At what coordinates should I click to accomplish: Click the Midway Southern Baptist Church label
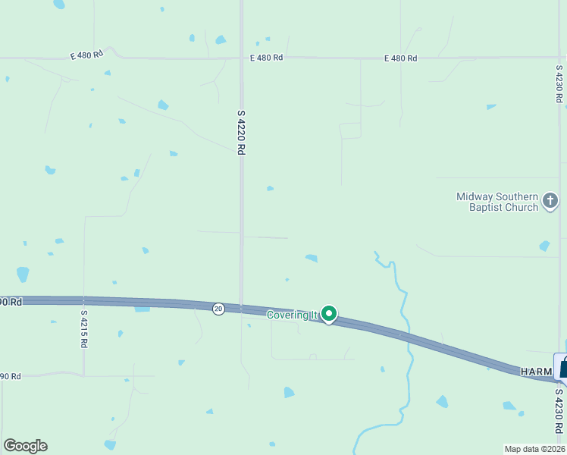[x=497, y=202]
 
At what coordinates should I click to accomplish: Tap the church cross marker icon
[x=550, y=201]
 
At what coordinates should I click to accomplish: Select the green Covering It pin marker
[x=329, y=313]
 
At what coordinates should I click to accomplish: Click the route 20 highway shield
[x=218, y=309]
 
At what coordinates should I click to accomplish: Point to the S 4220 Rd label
[x=241, y=133]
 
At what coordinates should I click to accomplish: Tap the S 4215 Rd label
[x=83, y=328]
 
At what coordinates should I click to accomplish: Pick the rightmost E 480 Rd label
[x=400, y=58]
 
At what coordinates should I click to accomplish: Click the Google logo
[x=25, y=446]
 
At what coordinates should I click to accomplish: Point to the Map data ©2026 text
[x=534, y=449]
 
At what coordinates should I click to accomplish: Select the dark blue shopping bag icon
[x=563, y=367]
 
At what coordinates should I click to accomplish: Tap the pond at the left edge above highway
[x=23, y=275]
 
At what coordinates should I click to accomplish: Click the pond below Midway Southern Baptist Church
[x=544, y=246]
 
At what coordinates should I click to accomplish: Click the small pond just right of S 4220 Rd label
[x=270, y=188]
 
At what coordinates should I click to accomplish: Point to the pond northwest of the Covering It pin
[x=312, y=259]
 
